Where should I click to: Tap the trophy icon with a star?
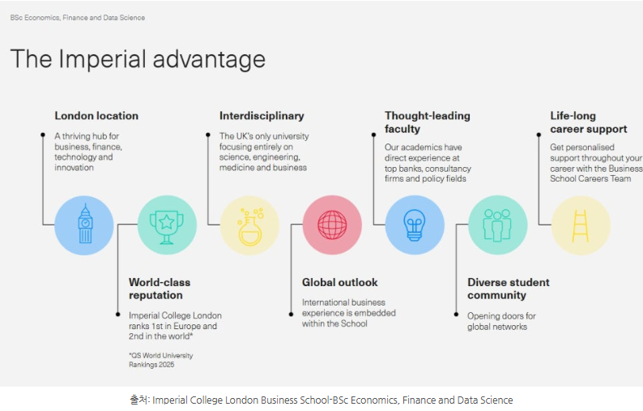pos(167,227)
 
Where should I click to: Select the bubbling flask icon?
pos(250,227)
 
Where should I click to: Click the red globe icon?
pos(332,225)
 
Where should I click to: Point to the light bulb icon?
pos(414,225)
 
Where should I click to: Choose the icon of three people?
pos(497,225)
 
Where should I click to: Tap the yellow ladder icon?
pos(581,225)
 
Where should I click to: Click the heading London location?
pos(96,116)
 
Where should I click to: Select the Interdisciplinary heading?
pos(262,116)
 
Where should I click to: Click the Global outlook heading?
pos(340,282)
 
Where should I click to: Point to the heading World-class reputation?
pos(160,289)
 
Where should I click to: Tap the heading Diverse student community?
pos(509,289)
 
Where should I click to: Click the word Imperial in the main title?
pos(102,59)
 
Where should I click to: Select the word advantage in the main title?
pos(209,60)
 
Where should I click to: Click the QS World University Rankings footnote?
pos(160,360)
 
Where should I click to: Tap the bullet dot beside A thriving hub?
pos(43,135)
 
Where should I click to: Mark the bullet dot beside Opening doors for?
pos(456,314)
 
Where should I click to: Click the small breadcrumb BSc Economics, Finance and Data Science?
pos(78,18)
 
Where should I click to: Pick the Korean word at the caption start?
pos(139,400)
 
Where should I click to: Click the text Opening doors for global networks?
pos(501,322)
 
